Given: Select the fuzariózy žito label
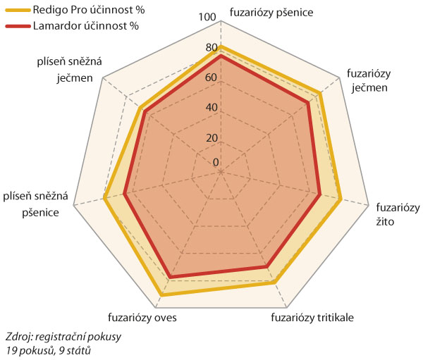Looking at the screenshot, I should click(x=397, y=215).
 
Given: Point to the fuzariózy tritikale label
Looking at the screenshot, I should click(x=312, y=317).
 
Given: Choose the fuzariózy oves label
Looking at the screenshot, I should click(x=142, y=317).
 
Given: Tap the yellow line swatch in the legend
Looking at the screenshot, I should click(x=16, y=11).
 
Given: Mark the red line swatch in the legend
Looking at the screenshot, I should click(x=16, y=25).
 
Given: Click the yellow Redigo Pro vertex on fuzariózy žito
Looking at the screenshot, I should click(x=341, y=200).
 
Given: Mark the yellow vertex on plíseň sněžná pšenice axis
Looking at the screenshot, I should click(x=105, y=198).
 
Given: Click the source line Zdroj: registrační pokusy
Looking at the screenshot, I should click(x=63, y=337).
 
